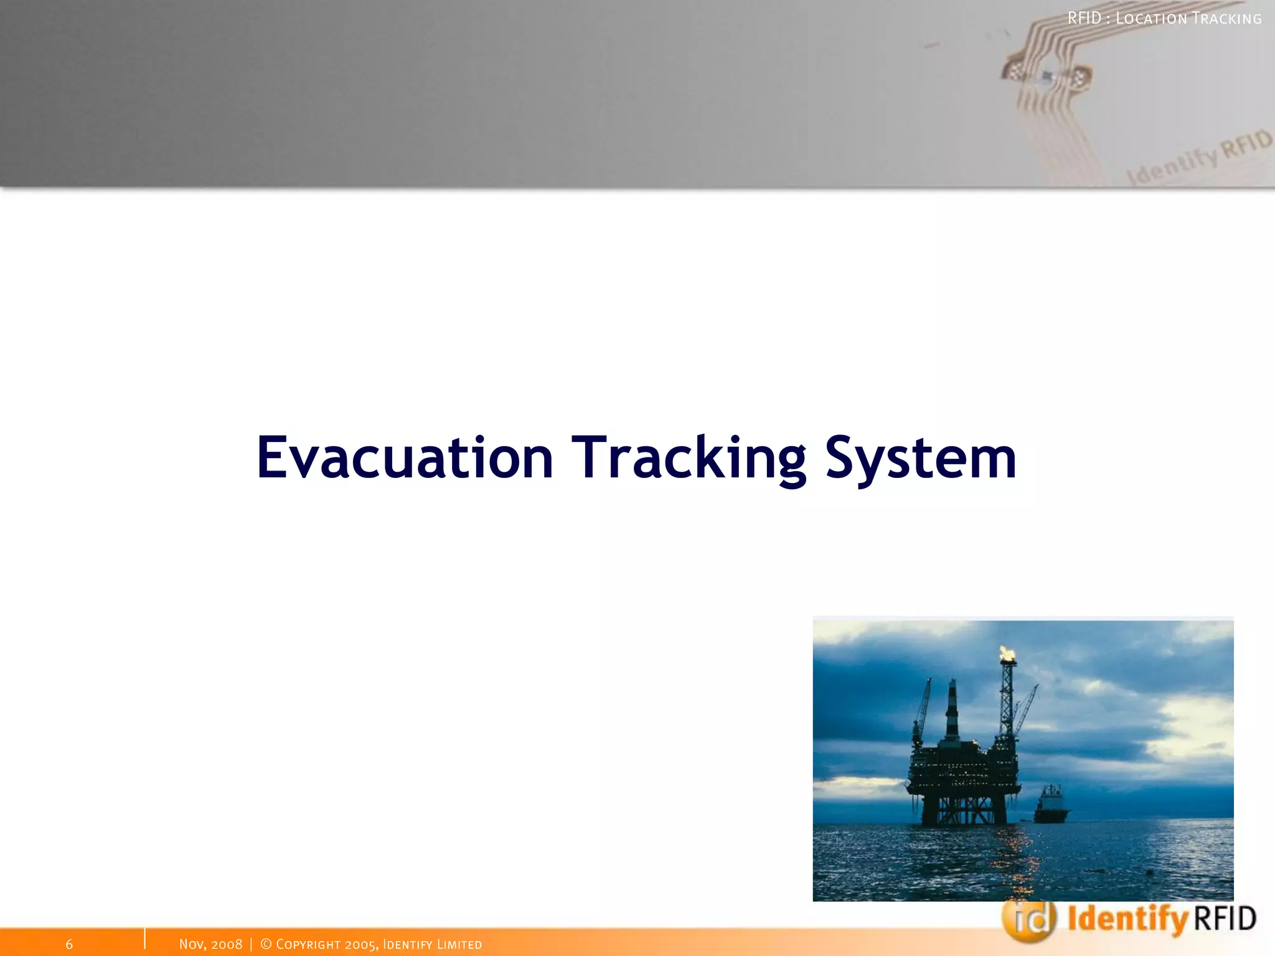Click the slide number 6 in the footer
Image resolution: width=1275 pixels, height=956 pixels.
69,944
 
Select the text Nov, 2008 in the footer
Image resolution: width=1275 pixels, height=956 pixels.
210,944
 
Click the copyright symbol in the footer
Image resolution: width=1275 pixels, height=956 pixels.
266,944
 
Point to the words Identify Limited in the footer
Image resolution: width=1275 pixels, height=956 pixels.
432,944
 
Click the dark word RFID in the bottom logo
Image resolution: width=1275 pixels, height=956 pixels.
1225,919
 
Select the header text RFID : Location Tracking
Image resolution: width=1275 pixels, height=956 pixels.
1164,19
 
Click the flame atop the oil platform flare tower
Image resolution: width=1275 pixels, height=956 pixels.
1007,654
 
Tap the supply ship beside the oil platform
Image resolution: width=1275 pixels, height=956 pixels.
1052,805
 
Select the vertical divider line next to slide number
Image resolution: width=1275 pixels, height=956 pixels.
144,939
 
